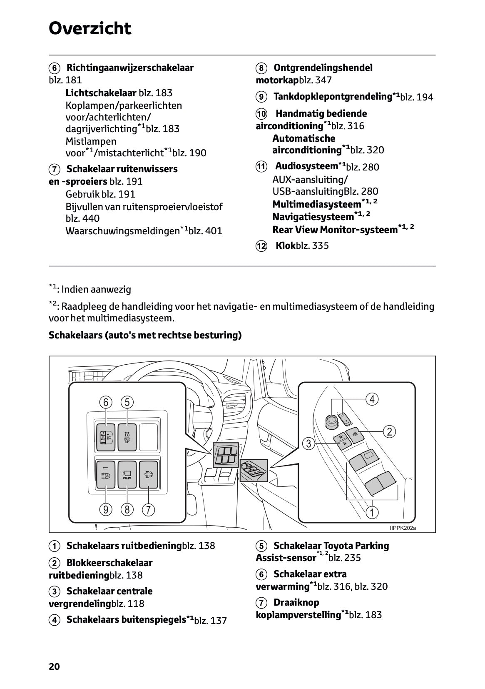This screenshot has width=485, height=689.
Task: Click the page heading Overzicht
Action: coord(90,29)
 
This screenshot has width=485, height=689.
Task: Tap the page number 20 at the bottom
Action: coord(54,666)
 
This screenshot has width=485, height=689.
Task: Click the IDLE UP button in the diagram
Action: coord(127,437)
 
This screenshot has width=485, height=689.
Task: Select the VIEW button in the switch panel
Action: coord(127,475)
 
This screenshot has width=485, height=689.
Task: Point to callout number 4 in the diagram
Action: coord(372,399)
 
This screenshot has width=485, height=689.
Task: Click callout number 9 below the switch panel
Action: coord(106,509)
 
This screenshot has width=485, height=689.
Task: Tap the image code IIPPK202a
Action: coord(403,528)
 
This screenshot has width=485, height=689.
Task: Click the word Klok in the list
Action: coord(285,246)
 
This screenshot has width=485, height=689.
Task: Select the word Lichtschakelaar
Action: coord(101,93)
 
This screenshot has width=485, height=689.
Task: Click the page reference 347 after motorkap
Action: coord(323,80)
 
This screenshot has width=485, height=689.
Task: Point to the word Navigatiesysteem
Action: coord(313,217)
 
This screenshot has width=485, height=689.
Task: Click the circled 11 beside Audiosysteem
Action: coord(261,167)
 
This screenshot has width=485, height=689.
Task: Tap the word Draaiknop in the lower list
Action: coord(296,602)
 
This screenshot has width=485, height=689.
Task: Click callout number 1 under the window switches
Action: coord(372,512)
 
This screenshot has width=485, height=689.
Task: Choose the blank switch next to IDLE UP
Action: coord(148,437)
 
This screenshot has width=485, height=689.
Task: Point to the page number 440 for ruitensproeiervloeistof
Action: coord(91,218)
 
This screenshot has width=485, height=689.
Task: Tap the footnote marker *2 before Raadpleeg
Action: coord(52,305)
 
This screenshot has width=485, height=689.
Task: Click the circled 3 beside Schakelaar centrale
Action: coord(54,591)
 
